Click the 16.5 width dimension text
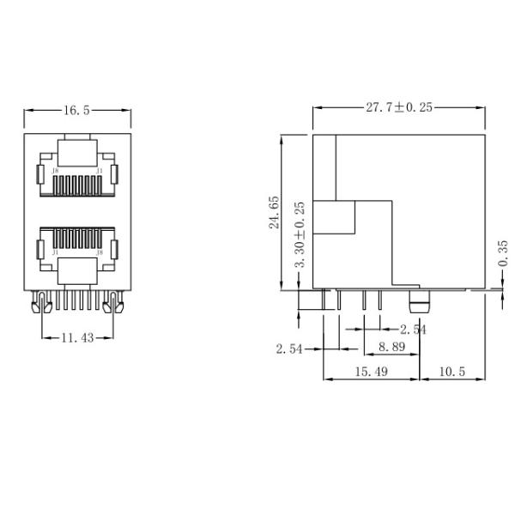pos(76,110)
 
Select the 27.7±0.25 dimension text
pos(399,107)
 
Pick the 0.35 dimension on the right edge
pos(502,255)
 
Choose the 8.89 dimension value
pos(392,347)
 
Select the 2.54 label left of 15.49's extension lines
pos(290,348)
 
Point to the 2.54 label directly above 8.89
pos(413,329)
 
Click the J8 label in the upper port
pos(56,171)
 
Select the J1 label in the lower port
pos(56,252)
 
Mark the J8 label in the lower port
pos(100,252)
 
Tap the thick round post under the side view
pos(419,302)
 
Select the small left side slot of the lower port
pos(39,251)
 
